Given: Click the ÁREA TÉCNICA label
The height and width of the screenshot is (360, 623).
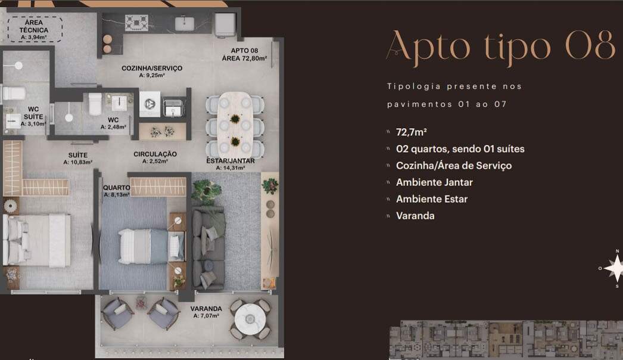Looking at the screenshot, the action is [34, 29].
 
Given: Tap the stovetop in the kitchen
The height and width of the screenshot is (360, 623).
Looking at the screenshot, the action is [136, 23].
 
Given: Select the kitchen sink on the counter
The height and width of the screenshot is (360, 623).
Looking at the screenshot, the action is [185, 23].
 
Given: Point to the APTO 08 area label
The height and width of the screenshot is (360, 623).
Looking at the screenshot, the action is [244, 54].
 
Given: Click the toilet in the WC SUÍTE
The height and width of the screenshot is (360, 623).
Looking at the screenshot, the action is [14, 94].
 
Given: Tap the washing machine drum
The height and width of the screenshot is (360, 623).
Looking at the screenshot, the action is [149, 104].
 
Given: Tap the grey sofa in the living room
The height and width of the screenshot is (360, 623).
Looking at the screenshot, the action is [208, 249].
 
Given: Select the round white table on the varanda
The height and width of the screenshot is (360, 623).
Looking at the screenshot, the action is [250, 319].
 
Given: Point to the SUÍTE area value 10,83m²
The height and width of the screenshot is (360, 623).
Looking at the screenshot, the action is [78, 162].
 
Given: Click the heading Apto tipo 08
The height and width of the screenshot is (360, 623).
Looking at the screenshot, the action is [501, 47].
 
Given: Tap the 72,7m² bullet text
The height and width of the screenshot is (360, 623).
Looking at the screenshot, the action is [411, 132].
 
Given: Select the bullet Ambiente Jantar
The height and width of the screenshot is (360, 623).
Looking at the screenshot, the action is [434, 182].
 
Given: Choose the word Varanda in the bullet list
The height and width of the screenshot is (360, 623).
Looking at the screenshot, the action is [415, 216].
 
